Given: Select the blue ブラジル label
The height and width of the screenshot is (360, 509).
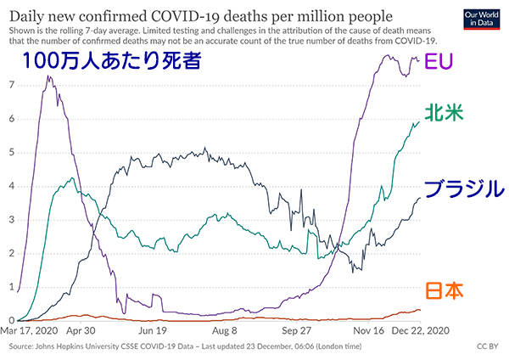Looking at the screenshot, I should [463, 188].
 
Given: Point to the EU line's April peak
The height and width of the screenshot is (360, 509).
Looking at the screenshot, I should [48, 76].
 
